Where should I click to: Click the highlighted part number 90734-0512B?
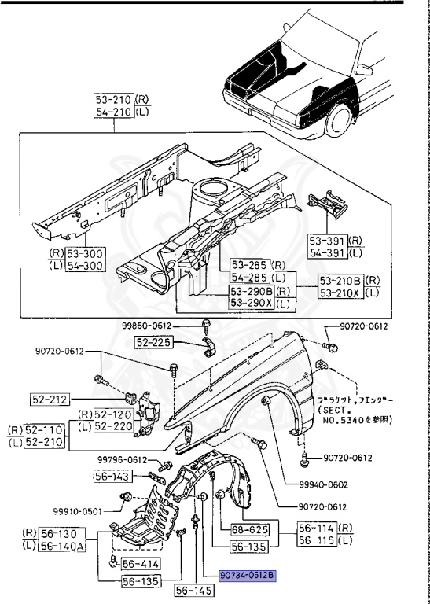coord(248,575)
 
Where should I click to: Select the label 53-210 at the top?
coord(113,100)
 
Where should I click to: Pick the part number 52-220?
coord(112,425)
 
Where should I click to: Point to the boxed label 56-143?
coord(113,476)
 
